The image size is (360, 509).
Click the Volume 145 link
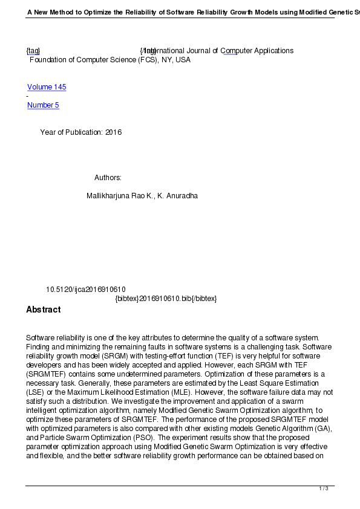coord(47,87)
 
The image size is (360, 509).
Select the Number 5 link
coord(43,105)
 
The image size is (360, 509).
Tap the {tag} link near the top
coord(33,51)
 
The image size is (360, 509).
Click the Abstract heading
coord(43,310)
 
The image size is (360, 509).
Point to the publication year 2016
coord(113,132)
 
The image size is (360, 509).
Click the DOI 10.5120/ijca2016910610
coord(86,290)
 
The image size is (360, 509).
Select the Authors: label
coord(108,178)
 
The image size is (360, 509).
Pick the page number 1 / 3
coord(324,488)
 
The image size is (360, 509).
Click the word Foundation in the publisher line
coord(50,60)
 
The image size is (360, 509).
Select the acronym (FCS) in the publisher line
coord(143,60)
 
